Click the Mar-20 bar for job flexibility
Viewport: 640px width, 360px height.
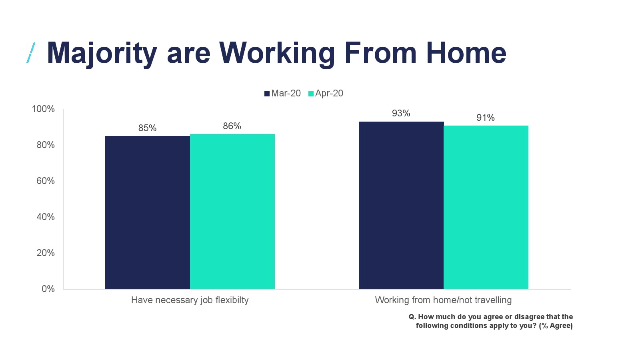[x=148, y=212]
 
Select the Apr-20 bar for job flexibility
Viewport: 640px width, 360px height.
[x=232, y=212]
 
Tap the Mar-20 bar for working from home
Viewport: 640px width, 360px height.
[x=401, y=205]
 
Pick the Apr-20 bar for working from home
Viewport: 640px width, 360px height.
[x=486, y=207]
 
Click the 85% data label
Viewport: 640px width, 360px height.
[x=148, y=128]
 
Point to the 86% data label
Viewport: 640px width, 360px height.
[x=232, y=126]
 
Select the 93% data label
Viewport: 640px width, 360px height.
[x=401, y=114]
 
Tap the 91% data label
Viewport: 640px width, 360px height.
[x=486, y=118]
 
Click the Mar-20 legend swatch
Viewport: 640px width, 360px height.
[x=267, y=94]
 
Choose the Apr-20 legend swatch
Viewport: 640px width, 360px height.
[x=311, y=94]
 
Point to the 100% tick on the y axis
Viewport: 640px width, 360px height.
[x=43, y=109]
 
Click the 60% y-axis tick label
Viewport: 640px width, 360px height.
[x=46, y=181]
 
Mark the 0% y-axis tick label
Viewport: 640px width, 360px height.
[x=48, y=289]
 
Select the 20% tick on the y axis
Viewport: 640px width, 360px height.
[x=46, y=253]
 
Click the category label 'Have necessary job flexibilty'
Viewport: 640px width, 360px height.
[x=190, y=300]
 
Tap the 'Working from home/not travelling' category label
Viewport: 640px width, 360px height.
[x=443, y=300]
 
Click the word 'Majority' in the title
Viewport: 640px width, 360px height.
[x=102, y=54]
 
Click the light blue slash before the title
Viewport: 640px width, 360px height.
[x=31, y=53]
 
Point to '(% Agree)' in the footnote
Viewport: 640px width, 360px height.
[x=556, y=326]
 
